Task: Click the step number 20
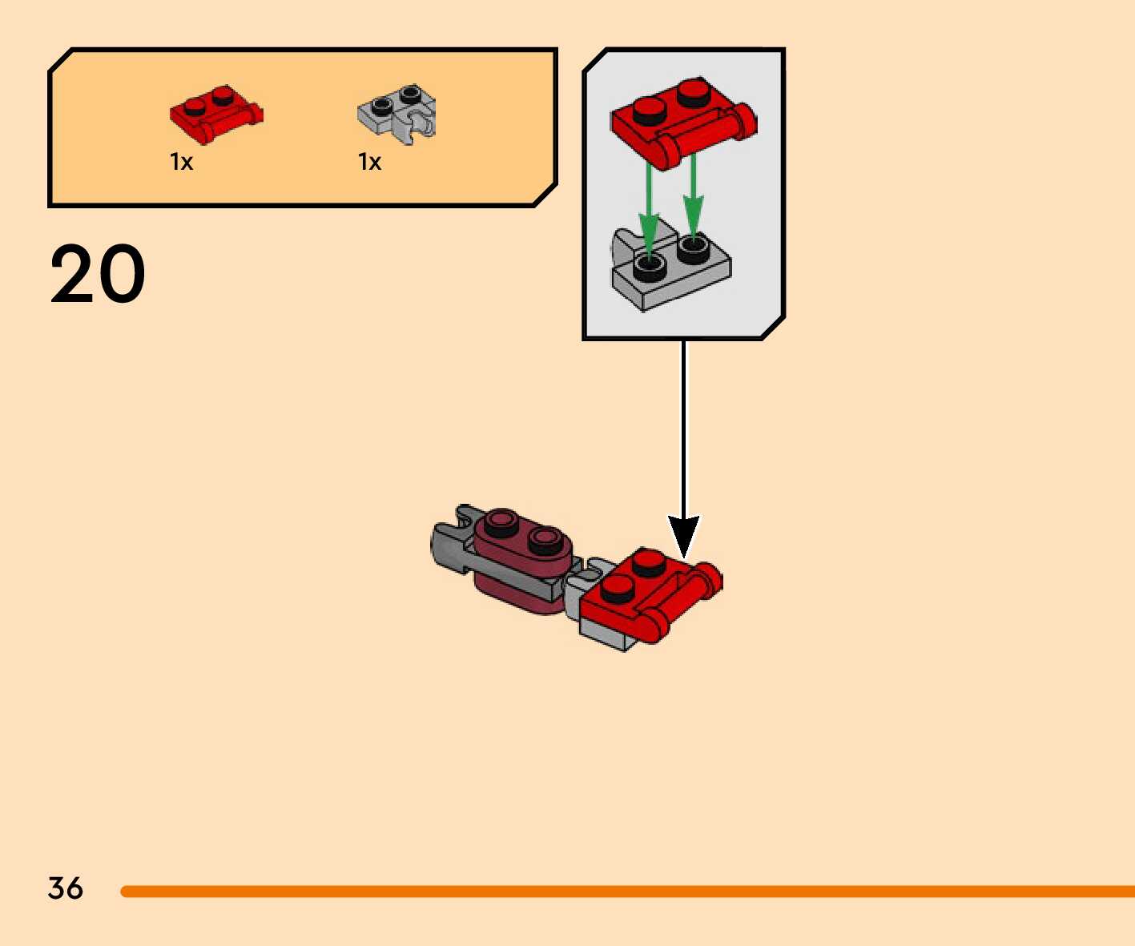tap(98, 274)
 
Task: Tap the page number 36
tap(65, 888)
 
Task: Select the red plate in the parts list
tap(215, 115)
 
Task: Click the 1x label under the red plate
tap(182, 163)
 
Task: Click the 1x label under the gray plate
tap(369, 163)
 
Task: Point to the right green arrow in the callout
tap(693, 196)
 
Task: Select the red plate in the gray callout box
tap(681, 120)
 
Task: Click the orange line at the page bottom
tap(625, 891)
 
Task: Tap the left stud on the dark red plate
tap(501, 523)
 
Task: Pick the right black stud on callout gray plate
tap(693, 249)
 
